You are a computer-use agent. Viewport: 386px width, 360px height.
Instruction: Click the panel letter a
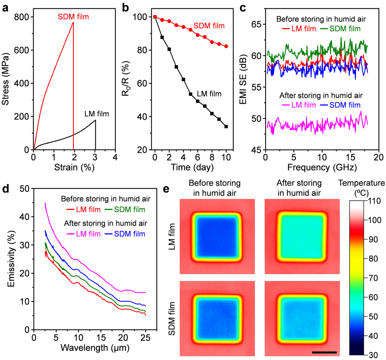pos(5,8)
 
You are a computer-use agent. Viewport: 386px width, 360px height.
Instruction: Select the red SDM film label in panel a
pos(73,17)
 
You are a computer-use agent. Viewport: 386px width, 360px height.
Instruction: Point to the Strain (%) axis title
pos(74,167)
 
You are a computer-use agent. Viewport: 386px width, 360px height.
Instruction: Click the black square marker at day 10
pos(226,126)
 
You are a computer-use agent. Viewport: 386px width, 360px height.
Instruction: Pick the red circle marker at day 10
pos(226,46)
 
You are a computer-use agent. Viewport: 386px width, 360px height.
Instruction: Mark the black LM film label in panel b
pos(209,94)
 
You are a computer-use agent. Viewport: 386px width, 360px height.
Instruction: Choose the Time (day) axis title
pos(192,167)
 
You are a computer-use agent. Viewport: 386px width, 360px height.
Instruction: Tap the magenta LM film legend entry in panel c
pos(298,105)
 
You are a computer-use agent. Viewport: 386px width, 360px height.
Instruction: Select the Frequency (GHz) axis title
pos(322,167)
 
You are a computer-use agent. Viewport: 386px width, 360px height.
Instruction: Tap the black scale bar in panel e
pos(324,352)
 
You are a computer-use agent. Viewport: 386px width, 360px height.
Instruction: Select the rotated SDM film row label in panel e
pos(172,318)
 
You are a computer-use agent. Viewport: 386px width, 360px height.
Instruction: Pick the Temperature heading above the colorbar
pos(361,183)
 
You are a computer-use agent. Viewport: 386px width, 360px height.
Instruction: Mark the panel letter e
pos(166,189)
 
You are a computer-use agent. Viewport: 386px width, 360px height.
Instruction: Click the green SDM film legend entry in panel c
pos(340,29)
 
